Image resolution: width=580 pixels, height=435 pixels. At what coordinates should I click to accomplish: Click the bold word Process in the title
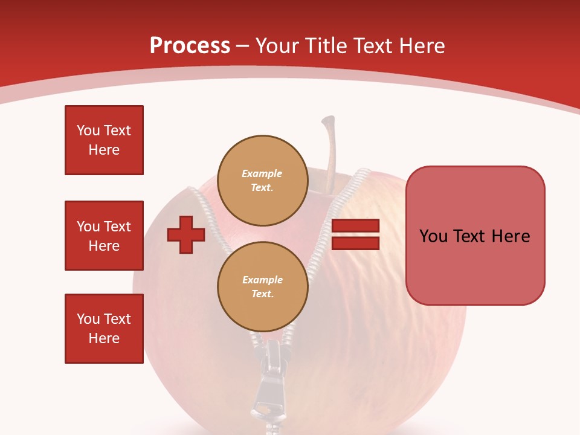pyautogui.click(x=190, y=46)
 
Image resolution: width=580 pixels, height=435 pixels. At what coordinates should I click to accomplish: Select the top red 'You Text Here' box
pyautogui.click(x=104, y=140)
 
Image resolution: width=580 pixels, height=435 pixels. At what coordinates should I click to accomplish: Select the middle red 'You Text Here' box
pyautogui.click(x=104, y=236)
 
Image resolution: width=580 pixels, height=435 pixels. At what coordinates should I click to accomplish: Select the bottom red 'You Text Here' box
pyautogui.click(x=104, y=329)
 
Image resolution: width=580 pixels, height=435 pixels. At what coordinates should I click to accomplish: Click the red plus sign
pyautogui.click(x=186, y=235)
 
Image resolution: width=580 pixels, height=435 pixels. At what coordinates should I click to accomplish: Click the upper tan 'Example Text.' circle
pyautogui.click(x=262, y=180)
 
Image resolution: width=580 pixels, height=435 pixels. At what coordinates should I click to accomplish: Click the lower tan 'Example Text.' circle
pyautogui.click(x=262, y=286)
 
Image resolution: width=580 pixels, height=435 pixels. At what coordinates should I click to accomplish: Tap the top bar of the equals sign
pyautogui.click(x=355, y=226)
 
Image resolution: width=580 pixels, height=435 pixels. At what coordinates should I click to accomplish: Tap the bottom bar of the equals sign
pyautogui.click(x=355, y=243)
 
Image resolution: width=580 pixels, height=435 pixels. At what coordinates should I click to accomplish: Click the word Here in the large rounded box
pyautogui.click(x=511, y=236)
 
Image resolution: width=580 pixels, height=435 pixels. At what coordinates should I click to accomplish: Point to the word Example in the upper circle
pyautogui.click(x=262, y=173)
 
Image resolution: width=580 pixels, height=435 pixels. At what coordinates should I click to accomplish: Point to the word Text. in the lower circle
pyautogui.click(x=262, y=294)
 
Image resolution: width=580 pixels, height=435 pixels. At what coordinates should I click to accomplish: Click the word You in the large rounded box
pyautogui.click(x=433, y=236)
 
